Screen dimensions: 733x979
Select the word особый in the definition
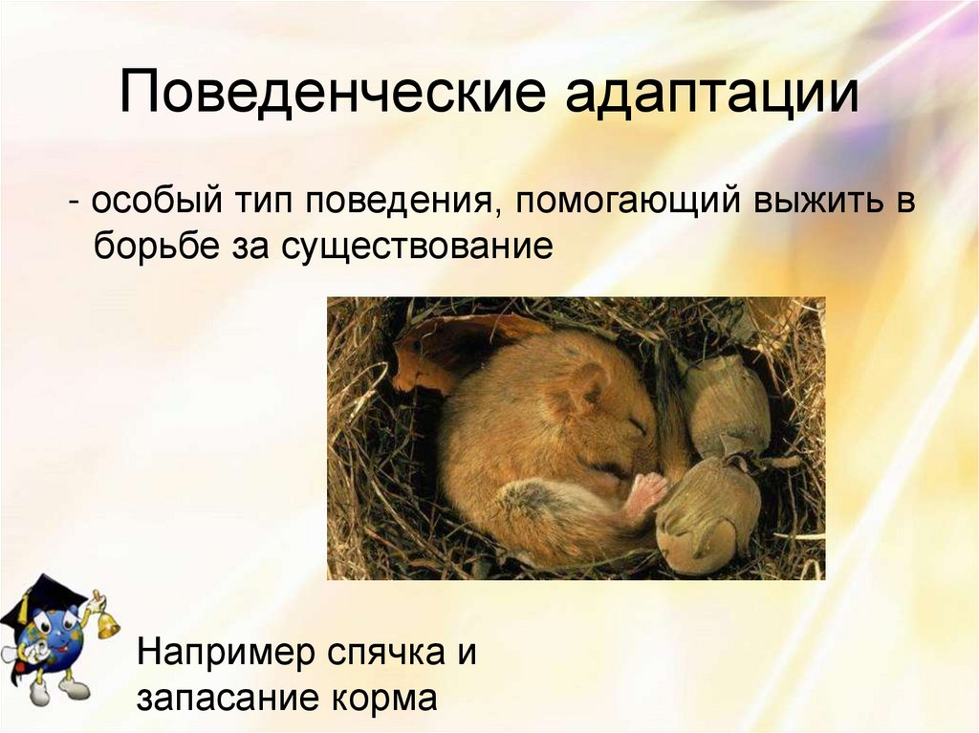point(156,203)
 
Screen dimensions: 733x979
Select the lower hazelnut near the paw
point(707,516)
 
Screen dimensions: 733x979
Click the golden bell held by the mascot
point(106,623)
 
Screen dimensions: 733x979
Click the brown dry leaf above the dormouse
point(449,349)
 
